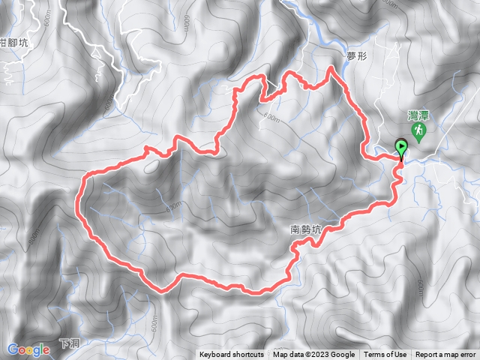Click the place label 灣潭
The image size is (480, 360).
pos(418,116)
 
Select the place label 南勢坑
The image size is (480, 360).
pos(305,230)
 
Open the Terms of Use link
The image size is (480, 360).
pos(385,355)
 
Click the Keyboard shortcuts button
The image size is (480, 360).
pos(231,355)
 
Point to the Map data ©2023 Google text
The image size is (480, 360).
pos(313,355)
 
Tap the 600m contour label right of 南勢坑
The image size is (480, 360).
pos(422,288)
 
